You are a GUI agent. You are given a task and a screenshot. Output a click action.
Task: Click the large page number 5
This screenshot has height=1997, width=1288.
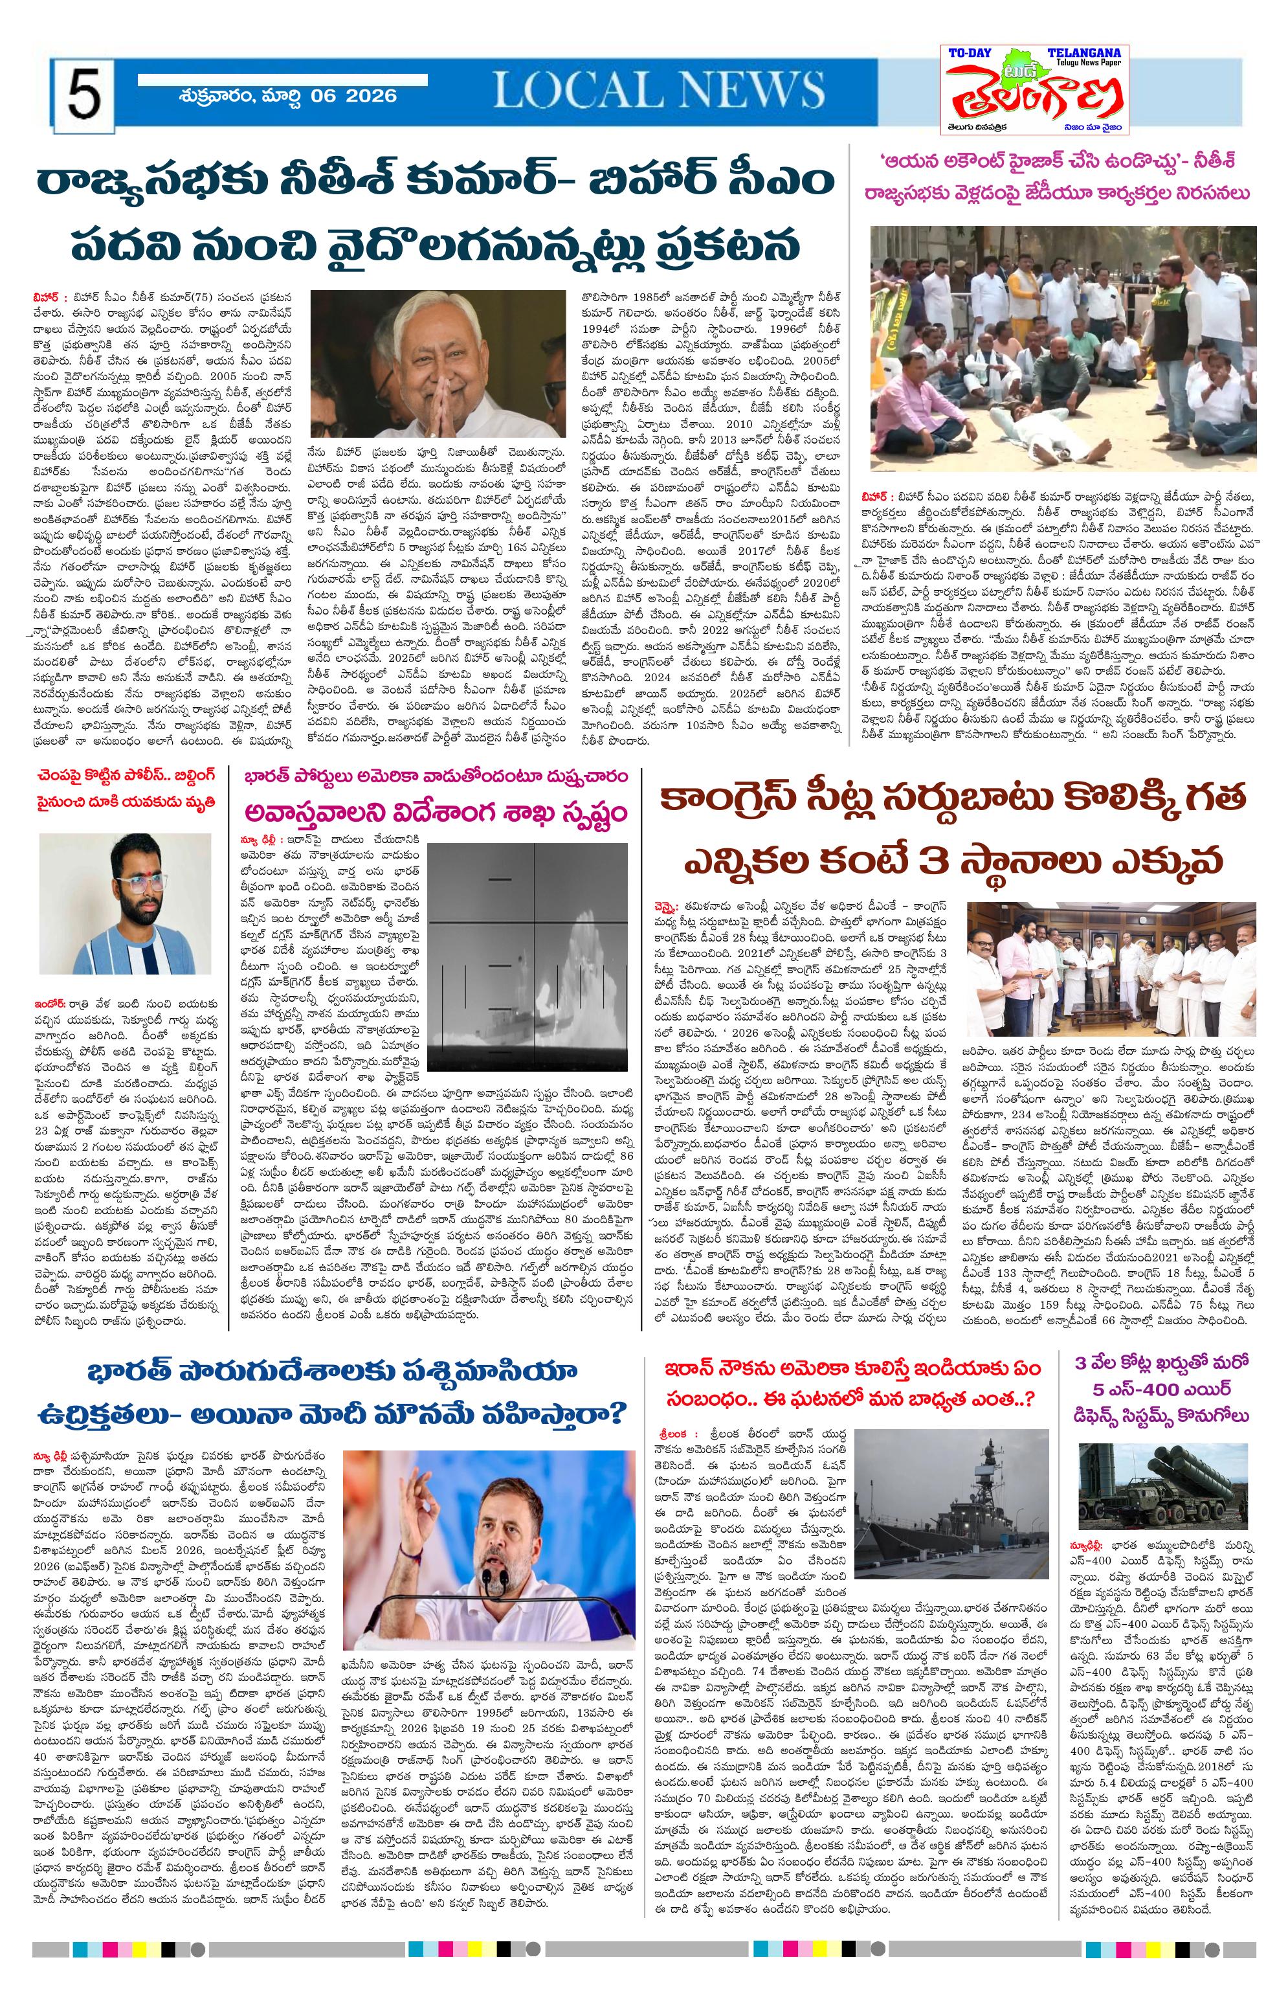83,96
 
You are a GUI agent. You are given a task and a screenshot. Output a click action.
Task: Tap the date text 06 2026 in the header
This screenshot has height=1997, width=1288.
352,95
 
